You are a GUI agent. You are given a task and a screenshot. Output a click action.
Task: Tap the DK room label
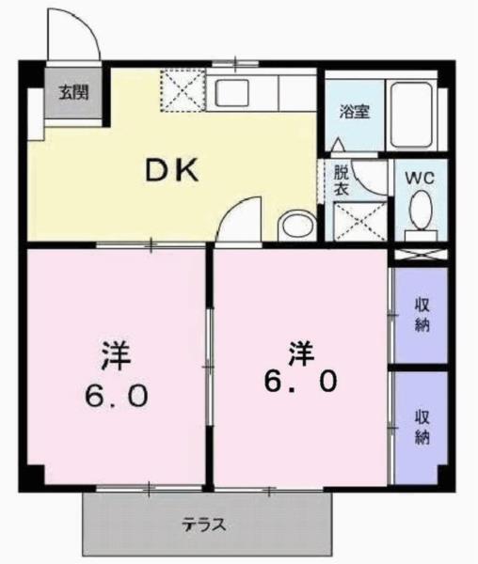point(172,170)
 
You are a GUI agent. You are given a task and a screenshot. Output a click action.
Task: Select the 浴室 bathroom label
point(355,111)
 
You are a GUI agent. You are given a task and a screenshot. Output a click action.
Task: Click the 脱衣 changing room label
point(341,180)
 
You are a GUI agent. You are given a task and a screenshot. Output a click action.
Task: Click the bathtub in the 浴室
point(411,117)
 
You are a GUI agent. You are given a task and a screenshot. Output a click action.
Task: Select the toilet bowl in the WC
point(421,208)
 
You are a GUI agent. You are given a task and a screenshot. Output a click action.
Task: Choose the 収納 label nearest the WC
point(420,315)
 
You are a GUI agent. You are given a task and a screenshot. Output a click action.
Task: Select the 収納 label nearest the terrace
point(420,427)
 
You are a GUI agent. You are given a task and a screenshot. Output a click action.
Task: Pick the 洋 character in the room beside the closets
point(300,352)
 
